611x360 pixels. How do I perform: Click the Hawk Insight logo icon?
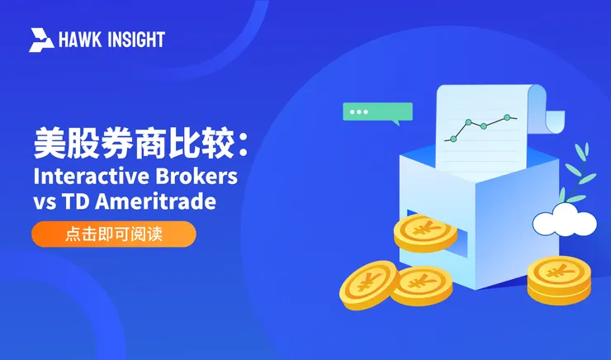coord(41,40)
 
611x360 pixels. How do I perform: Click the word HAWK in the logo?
coord(79,40)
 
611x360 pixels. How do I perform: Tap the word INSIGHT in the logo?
coord(135,40)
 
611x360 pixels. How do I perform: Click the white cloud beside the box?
coord(564,220)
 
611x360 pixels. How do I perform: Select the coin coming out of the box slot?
coord(424,232)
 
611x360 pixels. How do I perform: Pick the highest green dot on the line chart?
coord(504,118)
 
